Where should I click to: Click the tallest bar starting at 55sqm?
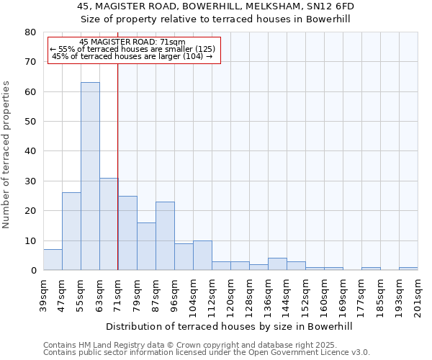[90, 176]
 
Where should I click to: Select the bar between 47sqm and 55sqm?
[71, 231]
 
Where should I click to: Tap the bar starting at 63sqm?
[109, 224]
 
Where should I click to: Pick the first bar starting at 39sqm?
[53, 260]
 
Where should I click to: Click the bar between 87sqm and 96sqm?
[165, 236]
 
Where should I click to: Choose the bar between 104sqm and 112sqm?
[202, 256]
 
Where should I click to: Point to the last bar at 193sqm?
[408, 269]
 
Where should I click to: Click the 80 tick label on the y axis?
[30, 32]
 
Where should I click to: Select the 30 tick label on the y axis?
[30, 181]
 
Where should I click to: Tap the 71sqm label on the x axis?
[118, 294]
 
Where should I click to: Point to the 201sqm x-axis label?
[418, 297]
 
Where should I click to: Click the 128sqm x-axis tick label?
[249, 297]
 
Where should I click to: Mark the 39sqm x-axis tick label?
[43, 294]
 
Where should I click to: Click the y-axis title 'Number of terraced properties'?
[7, 154]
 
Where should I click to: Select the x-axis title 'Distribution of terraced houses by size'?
[234, 327]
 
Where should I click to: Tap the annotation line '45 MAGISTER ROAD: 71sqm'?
[132, 42]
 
